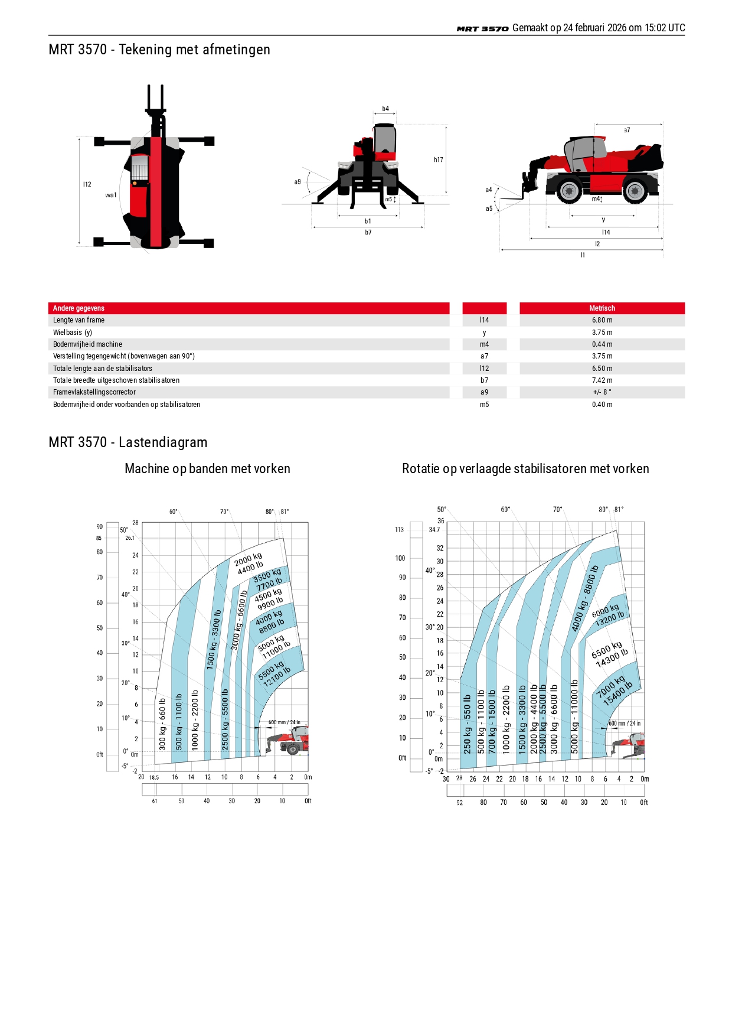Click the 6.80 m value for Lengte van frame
point(602,320)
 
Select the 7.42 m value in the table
point(602,380)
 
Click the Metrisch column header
point(602,308)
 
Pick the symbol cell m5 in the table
point(484,405)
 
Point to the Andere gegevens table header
point(79,308)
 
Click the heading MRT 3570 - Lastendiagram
point(128,442)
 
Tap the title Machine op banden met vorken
point(207,469)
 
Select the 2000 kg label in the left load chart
point(248,559)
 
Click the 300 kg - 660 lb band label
point(162,725)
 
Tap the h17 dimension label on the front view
point(438,159)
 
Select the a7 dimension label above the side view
point(627,130)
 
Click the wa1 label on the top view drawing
point(111,195)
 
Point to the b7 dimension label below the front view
point(368,233)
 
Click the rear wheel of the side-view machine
point(635,191)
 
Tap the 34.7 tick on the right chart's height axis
point(434,530)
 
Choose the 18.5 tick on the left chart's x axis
point(154,777)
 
